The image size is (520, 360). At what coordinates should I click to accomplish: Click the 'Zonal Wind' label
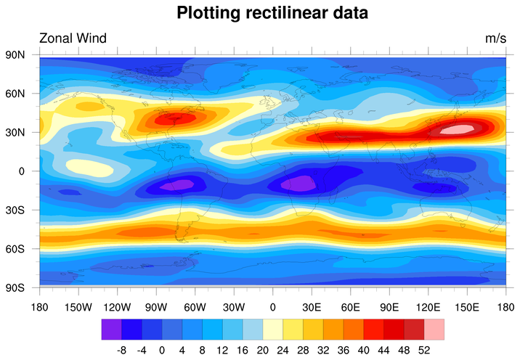[73, 38]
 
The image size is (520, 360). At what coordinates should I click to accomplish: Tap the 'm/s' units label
[495, 38]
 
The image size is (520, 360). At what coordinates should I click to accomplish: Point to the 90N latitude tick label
[16, 55]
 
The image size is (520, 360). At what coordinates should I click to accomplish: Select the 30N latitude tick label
[16, 132]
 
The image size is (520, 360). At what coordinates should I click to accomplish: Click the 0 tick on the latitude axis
[22, 171]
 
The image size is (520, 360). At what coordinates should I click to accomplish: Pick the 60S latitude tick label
[16, 248]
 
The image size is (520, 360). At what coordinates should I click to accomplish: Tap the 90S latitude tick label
[16, 287]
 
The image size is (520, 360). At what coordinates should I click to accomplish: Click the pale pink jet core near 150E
[455, 130]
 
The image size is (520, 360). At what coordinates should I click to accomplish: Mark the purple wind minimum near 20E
[298, 184]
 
